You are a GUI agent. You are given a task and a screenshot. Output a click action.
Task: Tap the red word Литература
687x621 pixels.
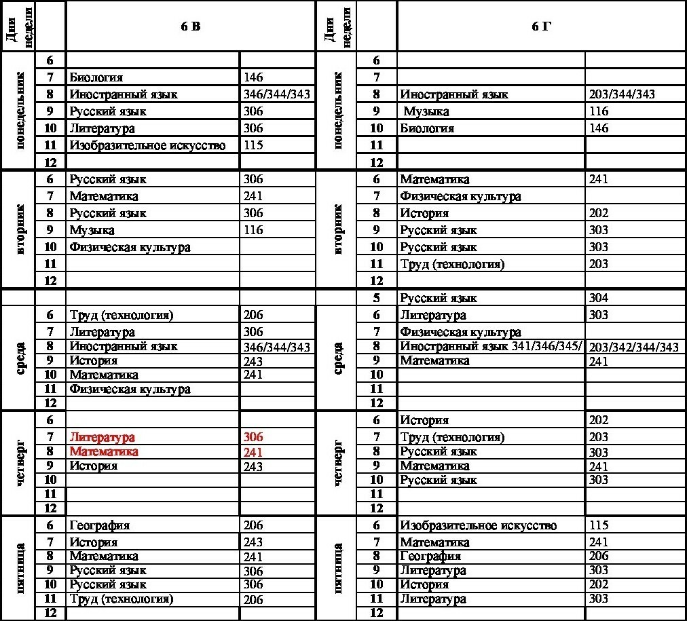(x=102, y=438)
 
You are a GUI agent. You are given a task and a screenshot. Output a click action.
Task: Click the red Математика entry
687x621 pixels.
(x=104, y=451)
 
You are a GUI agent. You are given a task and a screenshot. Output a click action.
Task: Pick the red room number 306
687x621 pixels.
(x=253, y=438)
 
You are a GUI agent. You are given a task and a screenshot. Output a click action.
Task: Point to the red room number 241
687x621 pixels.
(x=253, y=452)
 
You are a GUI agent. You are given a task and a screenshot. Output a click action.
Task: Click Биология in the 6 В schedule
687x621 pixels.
(x=96, y=77)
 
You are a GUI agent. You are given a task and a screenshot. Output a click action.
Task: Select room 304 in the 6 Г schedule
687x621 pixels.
(x=599, y=298)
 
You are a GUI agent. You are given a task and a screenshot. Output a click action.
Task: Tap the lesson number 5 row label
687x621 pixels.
(x=377, y=298)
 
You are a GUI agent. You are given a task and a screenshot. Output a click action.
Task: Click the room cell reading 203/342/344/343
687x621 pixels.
(x=634, y=347)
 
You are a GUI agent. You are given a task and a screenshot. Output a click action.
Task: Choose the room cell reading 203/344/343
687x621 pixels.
(x=623, y=94)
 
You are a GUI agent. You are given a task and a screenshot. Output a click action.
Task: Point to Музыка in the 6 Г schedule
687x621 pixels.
(x=426, y=111)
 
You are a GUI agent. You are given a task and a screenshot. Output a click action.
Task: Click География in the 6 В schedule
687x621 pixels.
(x=99, y=525)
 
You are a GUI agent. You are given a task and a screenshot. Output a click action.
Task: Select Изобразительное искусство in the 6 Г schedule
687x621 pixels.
(x=478, y=525)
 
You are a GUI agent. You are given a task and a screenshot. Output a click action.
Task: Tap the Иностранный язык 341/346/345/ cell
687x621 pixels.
(x=491, y=347)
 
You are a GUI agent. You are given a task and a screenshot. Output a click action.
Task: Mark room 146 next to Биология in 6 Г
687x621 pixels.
(x=599, y=128)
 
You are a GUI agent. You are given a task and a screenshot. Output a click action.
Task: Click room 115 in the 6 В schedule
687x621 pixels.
(x=253, y=145)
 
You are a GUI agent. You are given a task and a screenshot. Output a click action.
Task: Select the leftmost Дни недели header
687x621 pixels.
(x=18, y=26)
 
